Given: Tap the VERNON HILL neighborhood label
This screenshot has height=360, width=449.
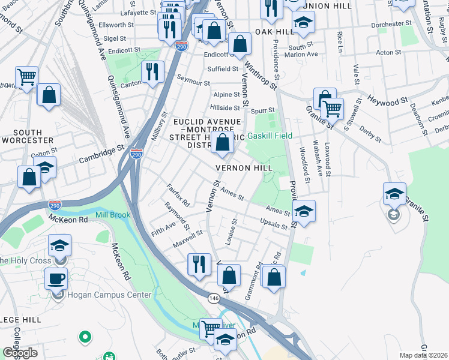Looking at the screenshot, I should point(244,168).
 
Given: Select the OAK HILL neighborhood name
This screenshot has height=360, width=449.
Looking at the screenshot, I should point(274,31).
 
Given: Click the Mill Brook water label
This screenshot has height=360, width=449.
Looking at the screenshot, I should point(112,215).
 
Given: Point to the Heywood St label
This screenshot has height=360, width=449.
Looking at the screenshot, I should point(387,99).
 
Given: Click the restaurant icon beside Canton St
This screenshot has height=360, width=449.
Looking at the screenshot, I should point(152,73).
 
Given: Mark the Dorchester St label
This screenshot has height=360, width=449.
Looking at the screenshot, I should point(391,25).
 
